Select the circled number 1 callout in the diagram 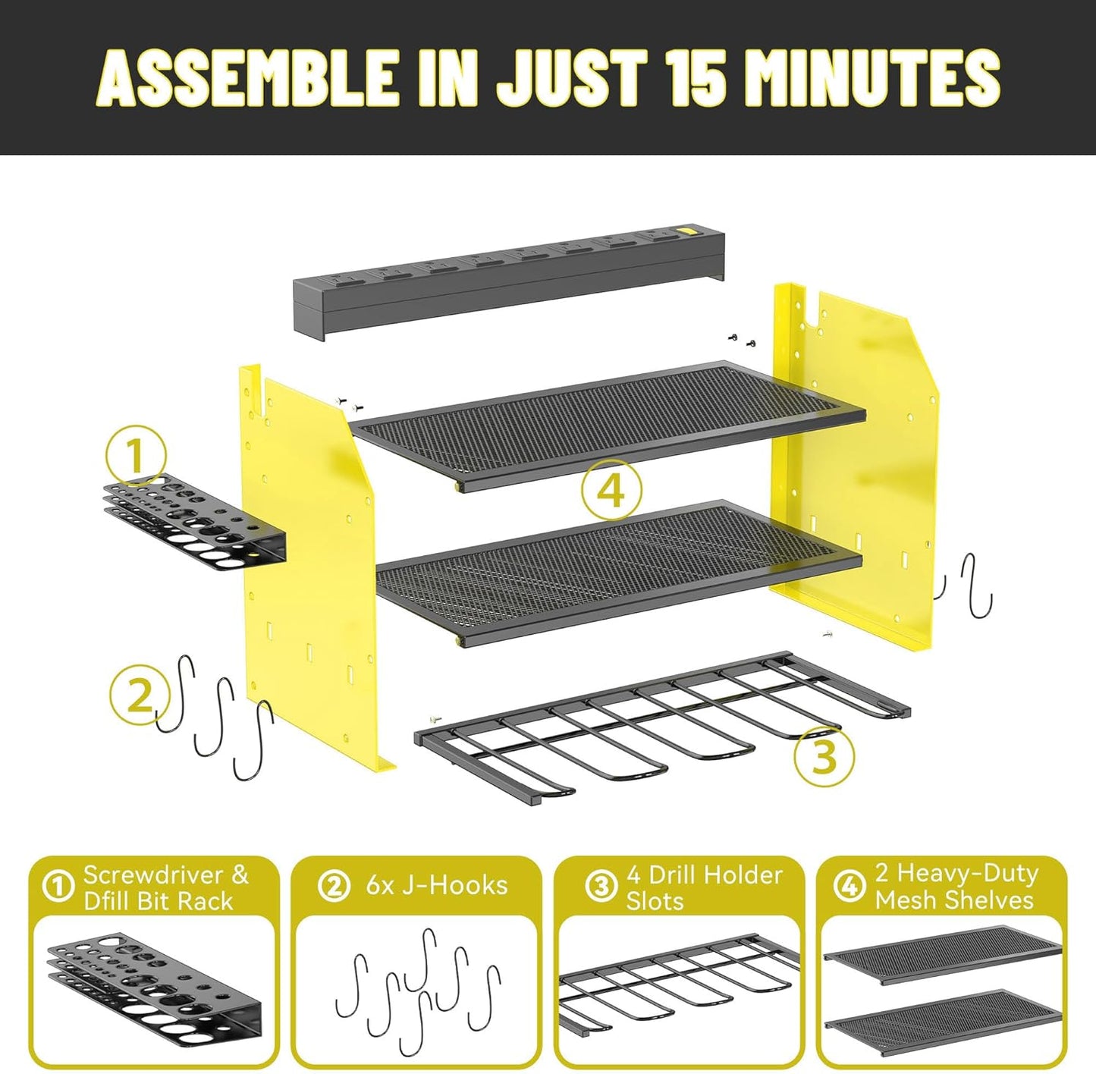pos(136,457)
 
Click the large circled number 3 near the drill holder pos(824,755)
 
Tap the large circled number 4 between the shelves pos(611,490)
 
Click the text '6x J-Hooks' pos(436,885)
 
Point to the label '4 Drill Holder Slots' pos(703,887)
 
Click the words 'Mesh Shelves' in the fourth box pos(953,900)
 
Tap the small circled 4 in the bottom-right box pos(849,885)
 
